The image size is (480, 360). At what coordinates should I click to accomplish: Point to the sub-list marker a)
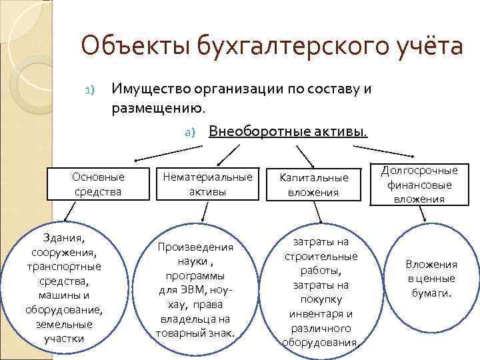[x=189, y=132]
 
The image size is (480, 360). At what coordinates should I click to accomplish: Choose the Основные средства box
[x=98, y=185]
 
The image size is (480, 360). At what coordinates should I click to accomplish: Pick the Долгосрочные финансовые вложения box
[x=420, y=185]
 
